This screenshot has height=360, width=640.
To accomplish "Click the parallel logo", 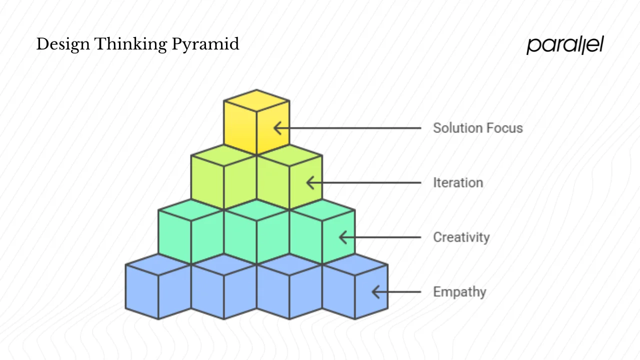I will click(565, 45).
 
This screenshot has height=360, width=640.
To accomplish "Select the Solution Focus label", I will click(477, 128).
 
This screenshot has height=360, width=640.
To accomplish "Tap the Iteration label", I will click(458, 182).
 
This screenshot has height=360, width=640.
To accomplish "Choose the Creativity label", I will click(461, 237).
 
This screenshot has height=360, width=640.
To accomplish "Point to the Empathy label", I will click(459, 291).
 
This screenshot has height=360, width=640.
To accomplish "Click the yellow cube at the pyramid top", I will click(256, 125).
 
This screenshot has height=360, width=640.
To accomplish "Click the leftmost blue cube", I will click(158, 290).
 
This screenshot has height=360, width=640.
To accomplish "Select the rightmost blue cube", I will click(355, 290).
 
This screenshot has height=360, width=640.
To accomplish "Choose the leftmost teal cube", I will click(191, 235).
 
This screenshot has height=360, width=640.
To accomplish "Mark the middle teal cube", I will click(256, 235).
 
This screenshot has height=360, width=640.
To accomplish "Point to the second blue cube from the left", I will click(223, 290).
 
